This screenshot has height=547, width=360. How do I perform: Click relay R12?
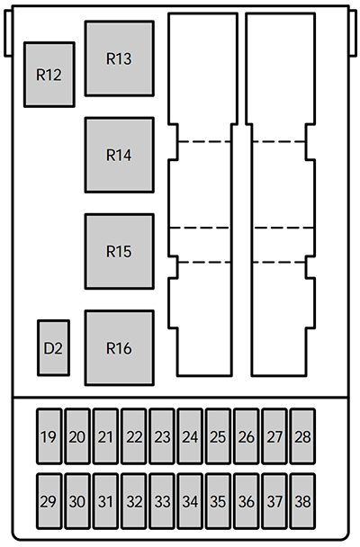(x=49, y=75)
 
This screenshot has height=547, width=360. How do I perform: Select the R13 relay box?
(x=119, y=58)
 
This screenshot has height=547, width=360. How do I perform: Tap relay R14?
(x=119, y=155)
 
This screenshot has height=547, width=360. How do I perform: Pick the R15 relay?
(x=119, y=251)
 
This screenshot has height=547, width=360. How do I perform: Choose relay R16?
(x=119, y=347)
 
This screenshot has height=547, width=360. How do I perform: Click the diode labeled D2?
(x=53, y=347)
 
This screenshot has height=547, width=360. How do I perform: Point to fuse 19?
(x=49, y=437)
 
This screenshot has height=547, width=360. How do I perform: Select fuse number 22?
(x=134, y=437)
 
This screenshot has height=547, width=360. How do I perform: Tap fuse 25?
(x=218, y=437)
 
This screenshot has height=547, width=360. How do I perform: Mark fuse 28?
(x=302, y=437)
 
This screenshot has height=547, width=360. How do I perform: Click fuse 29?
(x=49, y=502)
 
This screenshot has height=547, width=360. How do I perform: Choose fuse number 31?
(x=105, y=502)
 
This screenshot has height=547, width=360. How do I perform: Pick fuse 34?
(x=190, y=502)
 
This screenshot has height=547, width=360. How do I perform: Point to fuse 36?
(x=247, y=502)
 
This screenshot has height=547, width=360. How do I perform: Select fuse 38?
(x=302, y=502)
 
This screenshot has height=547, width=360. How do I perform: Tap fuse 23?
(x=162, y=437)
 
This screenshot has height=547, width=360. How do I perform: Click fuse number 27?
(x=274, y=437)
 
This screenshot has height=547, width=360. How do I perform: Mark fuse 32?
(x=134, y=502)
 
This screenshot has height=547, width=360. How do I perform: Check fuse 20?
(x=77, y=437)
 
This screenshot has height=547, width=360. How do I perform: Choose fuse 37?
(x=274, y=502)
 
